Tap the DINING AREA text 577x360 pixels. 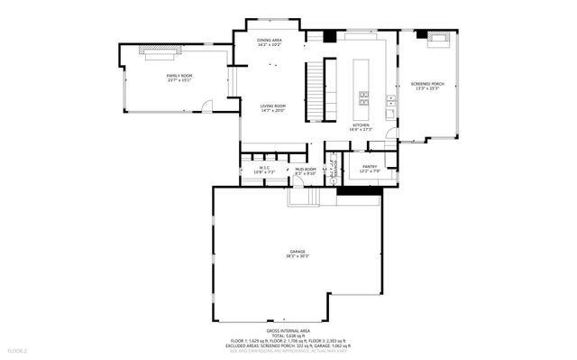tap(269, 41)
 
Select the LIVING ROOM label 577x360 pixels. tap(273, 106)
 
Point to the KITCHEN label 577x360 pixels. tap(362, 125)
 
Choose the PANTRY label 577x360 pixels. tap(370, 166)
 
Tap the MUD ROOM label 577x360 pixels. tap(306, 169)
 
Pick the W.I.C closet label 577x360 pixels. tap(265, 167)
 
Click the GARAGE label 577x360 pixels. tap(298, 251)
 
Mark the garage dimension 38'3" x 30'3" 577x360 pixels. tap(298, 256)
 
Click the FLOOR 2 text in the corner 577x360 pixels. tap(18, 349)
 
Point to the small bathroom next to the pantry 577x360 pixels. tap(333, 168)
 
